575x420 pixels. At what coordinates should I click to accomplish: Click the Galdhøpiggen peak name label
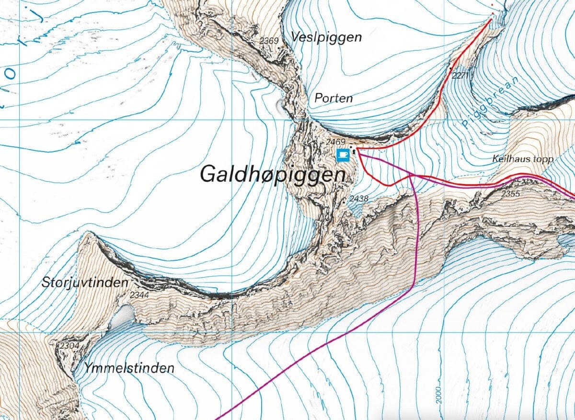click(x=272, y=174)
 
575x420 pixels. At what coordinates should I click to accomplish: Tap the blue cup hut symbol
click(x=343, y=154)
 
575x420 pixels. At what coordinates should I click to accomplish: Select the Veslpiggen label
click(x=326, y=37)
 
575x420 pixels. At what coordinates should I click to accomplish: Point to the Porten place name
click(x=333, y=98)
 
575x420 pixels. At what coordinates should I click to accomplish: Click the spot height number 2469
click(x=335, y=142)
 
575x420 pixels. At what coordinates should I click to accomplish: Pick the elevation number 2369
click(x=269, y=41)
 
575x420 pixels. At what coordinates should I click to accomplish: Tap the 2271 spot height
click(x=459, y=75)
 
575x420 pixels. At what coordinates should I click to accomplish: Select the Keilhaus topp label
click(x=523, y=159)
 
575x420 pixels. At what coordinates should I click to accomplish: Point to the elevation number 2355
click(x=510, y=194)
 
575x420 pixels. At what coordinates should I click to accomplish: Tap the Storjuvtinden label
click(x=85, y=282)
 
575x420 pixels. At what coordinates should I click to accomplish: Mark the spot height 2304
click(x=69, y=345)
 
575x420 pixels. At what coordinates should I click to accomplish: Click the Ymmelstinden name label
click(x=129, y=368)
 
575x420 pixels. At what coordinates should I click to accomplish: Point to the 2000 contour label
click(x=438, y=396)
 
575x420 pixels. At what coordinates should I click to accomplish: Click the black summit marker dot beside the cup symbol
click(x=354, y=153)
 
